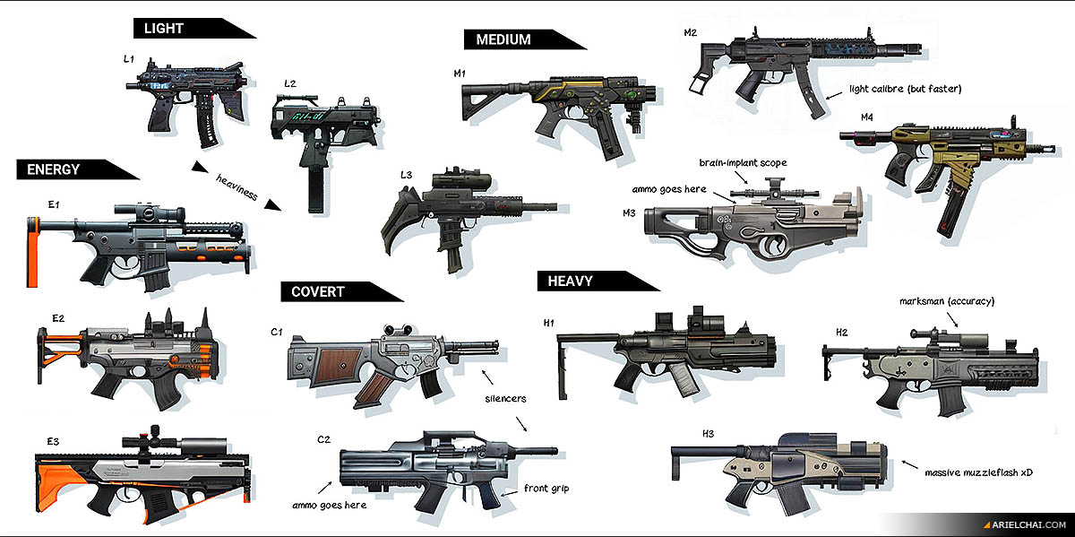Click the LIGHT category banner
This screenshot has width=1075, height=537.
(164, 29)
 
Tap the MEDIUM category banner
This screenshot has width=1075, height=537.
(503, 39)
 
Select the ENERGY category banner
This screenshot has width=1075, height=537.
(54, 169)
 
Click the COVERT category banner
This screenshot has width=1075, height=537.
(317, 291)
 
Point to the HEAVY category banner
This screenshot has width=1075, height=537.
(570, 281)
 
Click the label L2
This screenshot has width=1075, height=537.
(290, 83)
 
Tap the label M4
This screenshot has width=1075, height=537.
(866, 117)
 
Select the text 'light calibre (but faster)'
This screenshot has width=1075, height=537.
(904, 89)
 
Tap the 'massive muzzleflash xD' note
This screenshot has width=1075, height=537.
(978, 471)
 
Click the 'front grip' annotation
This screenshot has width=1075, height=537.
(546, 489)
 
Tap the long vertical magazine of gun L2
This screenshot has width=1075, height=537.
(315, 187)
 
